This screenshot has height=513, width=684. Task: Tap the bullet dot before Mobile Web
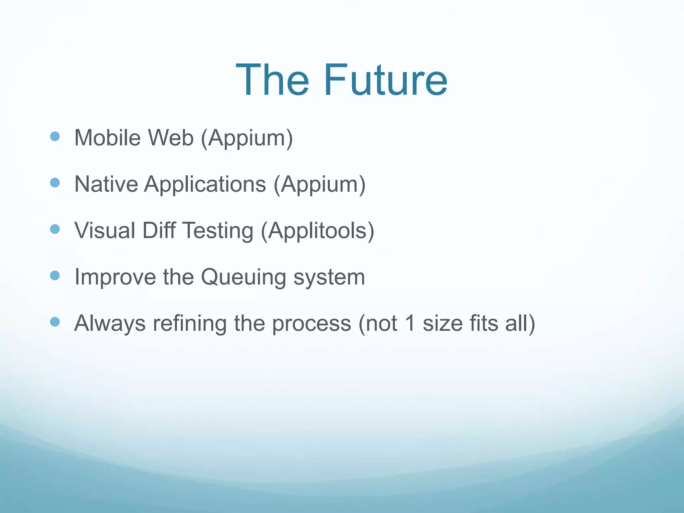click(x=55, y=136)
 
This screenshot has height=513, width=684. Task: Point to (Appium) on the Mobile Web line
click(x=247, y=138)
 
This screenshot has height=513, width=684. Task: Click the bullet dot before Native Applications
click(x=55, y=183)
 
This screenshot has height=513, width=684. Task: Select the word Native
click(x=106, y=184)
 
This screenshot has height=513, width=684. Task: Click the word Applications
click(x=205, y=185)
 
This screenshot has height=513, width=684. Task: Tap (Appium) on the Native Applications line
click(x=320, y=185)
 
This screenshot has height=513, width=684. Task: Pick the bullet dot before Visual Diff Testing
click(x=55, y=229)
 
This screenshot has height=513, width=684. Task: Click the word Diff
click(x=159, y=230)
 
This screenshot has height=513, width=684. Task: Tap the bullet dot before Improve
click(x=55, y=276)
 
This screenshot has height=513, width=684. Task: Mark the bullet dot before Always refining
click(x=55, y=322)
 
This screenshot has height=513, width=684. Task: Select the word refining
click(x=190, y=324)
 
